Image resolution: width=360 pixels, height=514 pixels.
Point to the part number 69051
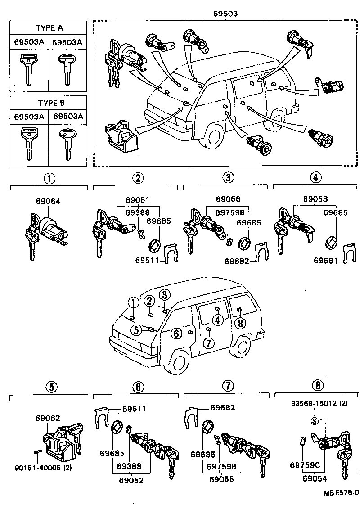(138, 199)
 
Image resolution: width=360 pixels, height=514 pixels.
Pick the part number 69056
(228, 199)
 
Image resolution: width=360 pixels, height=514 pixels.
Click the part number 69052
(131, 480)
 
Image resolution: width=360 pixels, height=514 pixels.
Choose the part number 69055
(221, 480)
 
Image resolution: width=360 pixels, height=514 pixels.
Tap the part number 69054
(315, 479)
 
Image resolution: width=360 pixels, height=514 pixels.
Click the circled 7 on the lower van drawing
(208, 344)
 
